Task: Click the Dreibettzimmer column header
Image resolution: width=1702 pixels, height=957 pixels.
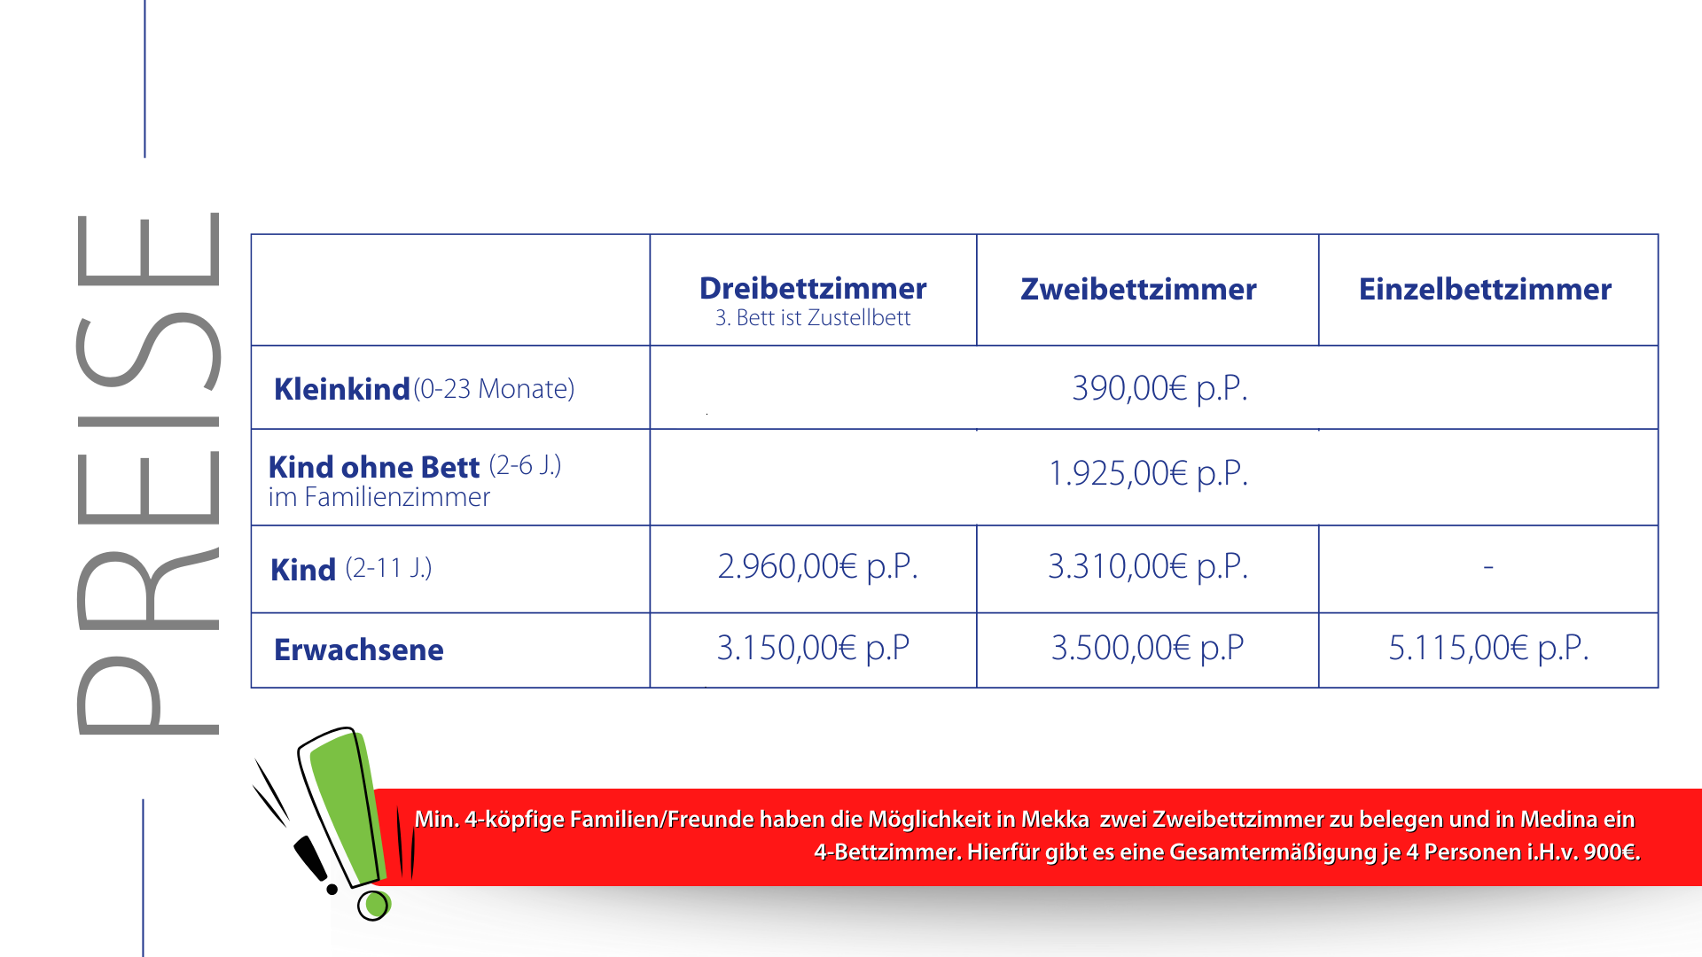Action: (x=813, y=288)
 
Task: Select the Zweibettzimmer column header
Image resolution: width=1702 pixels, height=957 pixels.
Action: (x=1138, y=289)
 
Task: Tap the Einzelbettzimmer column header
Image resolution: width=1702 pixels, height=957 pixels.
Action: (x=1485, y=289)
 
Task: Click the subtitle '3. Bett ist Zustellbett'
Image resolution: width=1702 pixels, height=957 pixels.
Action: (x=813, y=317)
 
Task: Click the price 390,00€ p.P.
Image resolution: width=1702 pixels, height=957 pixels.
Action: (x=1159, y=388)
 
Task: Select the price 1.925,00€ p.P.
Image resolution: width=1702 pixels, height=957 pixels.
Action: (x=1148, y=473)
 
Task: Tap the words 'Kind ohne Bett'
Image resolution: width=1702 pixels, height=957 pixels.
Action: (x=374, y=466)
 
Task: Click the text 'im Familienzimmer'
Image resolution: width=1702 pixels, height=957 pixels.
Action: (x=379, y=497)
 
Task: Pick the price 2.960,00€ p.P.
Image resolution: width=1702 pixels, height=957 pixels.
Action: (x=817, y=566)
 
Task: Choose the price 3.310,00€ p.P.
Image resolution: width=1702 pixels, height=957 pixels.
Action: (x=1148, y=566)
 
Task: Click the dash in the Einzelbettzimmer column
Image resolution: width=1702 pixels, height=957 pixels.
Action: (x=1488, y=565)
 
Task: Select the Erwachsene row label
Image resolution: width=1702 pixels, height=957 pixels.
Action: (x=359, y=650)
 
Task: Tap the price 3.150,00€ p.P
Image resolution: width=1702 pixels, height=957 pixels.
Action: (x=813, y=648)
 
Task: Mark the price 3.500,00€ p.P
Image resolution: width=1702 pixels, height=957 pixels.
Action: (x=1148, y=648)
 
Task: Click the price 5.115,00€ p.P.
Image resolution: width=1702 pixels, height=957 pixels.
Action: (x=1488, y=648)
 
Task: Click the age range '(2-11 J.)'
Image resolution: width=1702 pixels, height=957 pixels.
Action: (x=388, y=567)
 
